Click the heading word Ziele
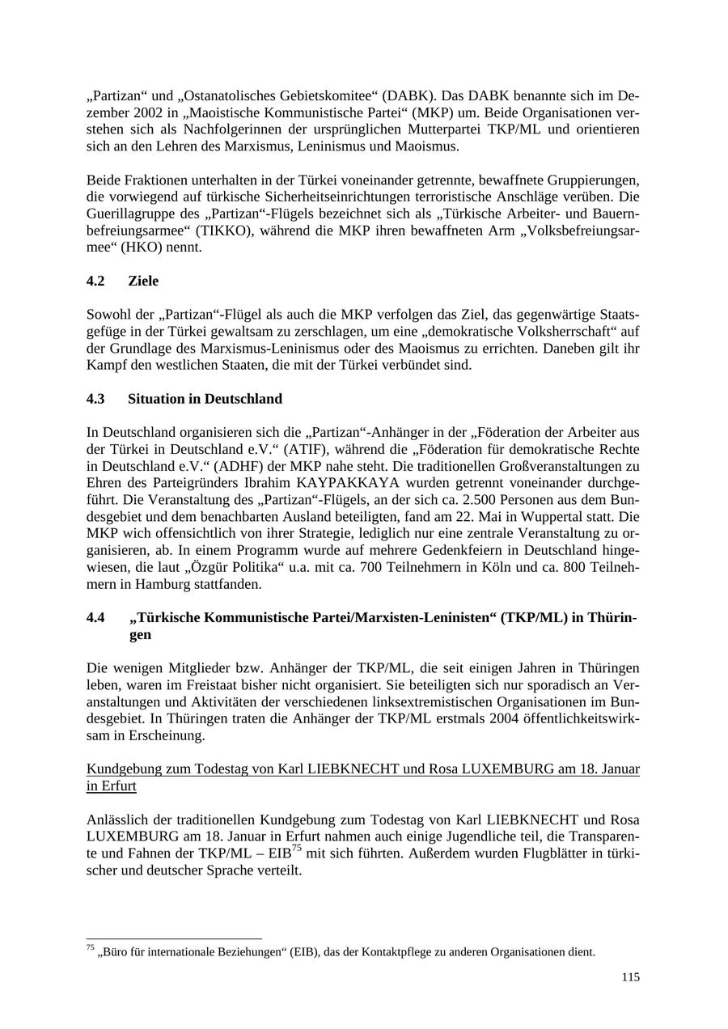(143, 281)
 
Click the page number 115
(631, 977)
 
